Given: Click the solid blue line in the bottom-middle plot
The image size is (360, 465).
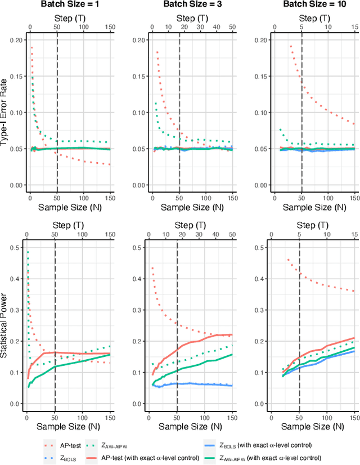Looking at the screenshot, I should pos(191,384).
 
